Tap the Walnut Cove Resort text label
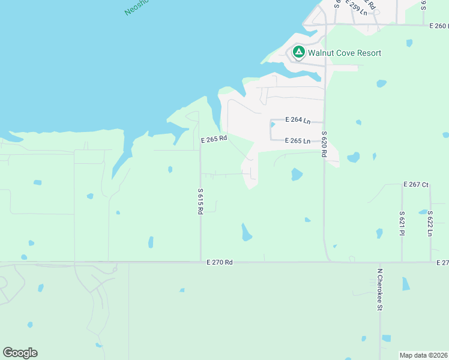pos(345,53)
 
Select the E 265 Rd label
pos(214,139)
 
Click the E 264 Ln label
pos(298,120)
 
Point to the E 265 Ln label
pos(298,141)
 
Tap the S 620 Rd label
pos(324,144)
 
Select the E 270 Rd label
pos(219,262)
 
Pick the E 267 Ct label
pos(416,184)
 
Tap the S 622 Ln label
pos(430,223)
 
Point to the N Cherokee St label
pos(379,289)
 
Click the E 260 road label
pos(439,26)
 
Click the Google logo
pos(20,353)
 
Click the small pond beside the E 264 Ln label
pos(272,125)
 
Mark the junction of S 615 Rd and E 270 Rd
pos(200,262)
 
